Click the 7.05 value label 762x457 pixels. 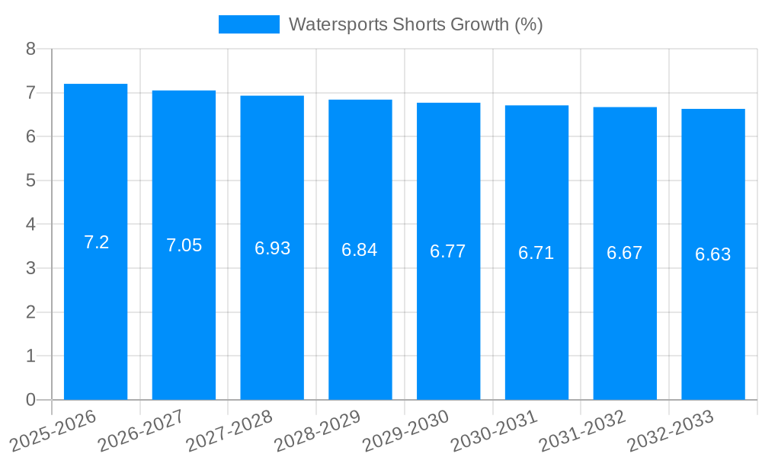coord(184,245)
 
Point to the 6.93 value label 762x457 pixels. coord(272,248)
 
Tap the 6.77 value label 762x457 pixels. coord(448,251)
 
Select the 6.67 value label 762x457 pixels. coord(624,253)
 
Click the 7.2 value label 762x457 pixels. coord(96,242)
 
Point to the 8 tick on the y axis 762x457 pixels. coord(30,49)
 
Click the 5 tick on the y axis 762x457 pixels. coord(30,181)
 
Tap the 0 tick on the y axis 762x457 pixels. coord(30,400)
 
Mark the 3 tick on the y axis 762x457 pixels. coord(30,268)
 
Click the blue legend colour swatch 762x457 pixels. coord(248,24)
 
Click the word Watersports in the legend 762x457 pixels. coord(338,24)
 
